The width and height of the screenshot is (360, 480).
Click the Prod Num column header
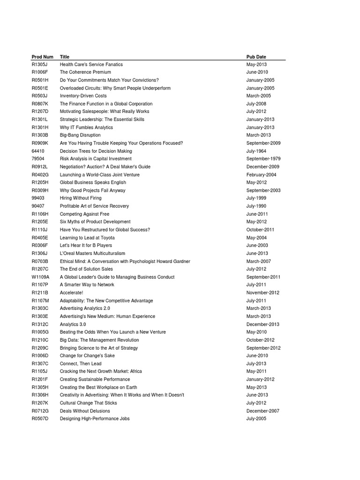[42, 57]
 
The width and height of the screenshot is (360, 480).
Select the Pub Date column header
[256, 57]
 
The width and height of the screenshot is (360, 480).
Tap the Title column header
[64, 57]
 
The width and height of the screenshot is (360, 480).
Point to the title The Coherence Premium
[85, 72]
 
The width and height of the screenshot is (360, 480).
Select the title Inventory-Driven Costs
[83, 96]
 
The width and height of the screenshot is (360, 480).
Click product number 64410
[38, 151]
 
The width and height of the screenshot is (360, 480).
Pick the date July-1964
[256, 151]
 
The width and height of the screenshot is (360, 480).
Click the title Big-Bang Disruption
[80, 135]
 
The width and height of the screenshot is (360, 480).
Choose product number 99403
[38, 198]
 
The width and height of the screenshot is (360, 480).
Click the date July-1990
[256, 206]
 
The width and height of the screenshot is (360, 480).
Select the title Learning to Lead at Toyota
[87, 238]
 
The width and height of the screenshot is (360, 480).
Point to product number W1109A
[41, 277]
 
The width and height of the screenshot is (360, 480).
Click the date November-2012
[262, 292]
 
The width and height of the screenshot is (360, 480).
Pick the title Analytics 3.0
[73, 324]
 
